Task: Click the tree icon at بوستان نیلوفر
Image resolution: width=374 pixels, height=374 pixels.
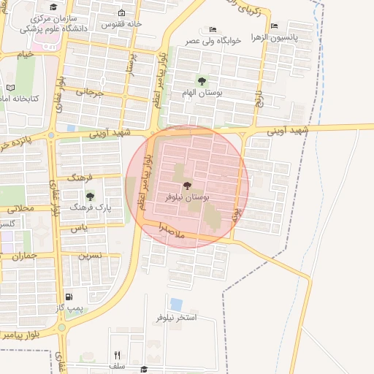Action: tap(187, 186)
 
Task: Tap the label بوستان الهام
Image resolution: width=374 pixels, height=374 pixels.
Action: tap(202, 94)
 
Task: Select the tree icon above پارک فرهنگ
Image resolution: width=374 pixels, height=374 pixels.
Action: tap(90, 196)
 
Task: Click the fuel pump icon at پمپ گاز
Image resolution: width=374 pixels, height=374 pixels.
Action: tap(69, 297)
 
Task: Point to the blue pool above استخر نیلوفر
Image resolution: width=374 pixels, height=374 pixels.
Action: tap(176, 304)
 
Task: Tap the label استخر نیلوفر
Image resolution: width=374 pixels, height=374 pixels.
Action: tap(176, 318)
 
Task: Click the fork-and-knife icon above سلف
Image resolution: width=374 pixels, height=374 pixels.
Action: tap(117, 355)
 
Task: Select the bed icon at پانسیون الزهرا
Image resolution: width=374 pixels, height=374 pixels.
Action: tap(274, 26)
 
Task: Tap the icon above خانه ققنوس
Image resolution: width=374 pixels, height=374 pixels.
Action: tap(121, 13)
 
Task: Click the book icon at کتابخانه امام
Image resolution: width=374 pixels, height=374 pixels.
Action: tap(9, 88)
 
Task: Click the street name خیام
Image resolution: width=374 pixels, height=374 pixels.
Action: tap(26, 54)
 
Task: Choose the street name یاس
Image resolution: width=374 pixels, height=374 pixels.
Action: tap(79, 229)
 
